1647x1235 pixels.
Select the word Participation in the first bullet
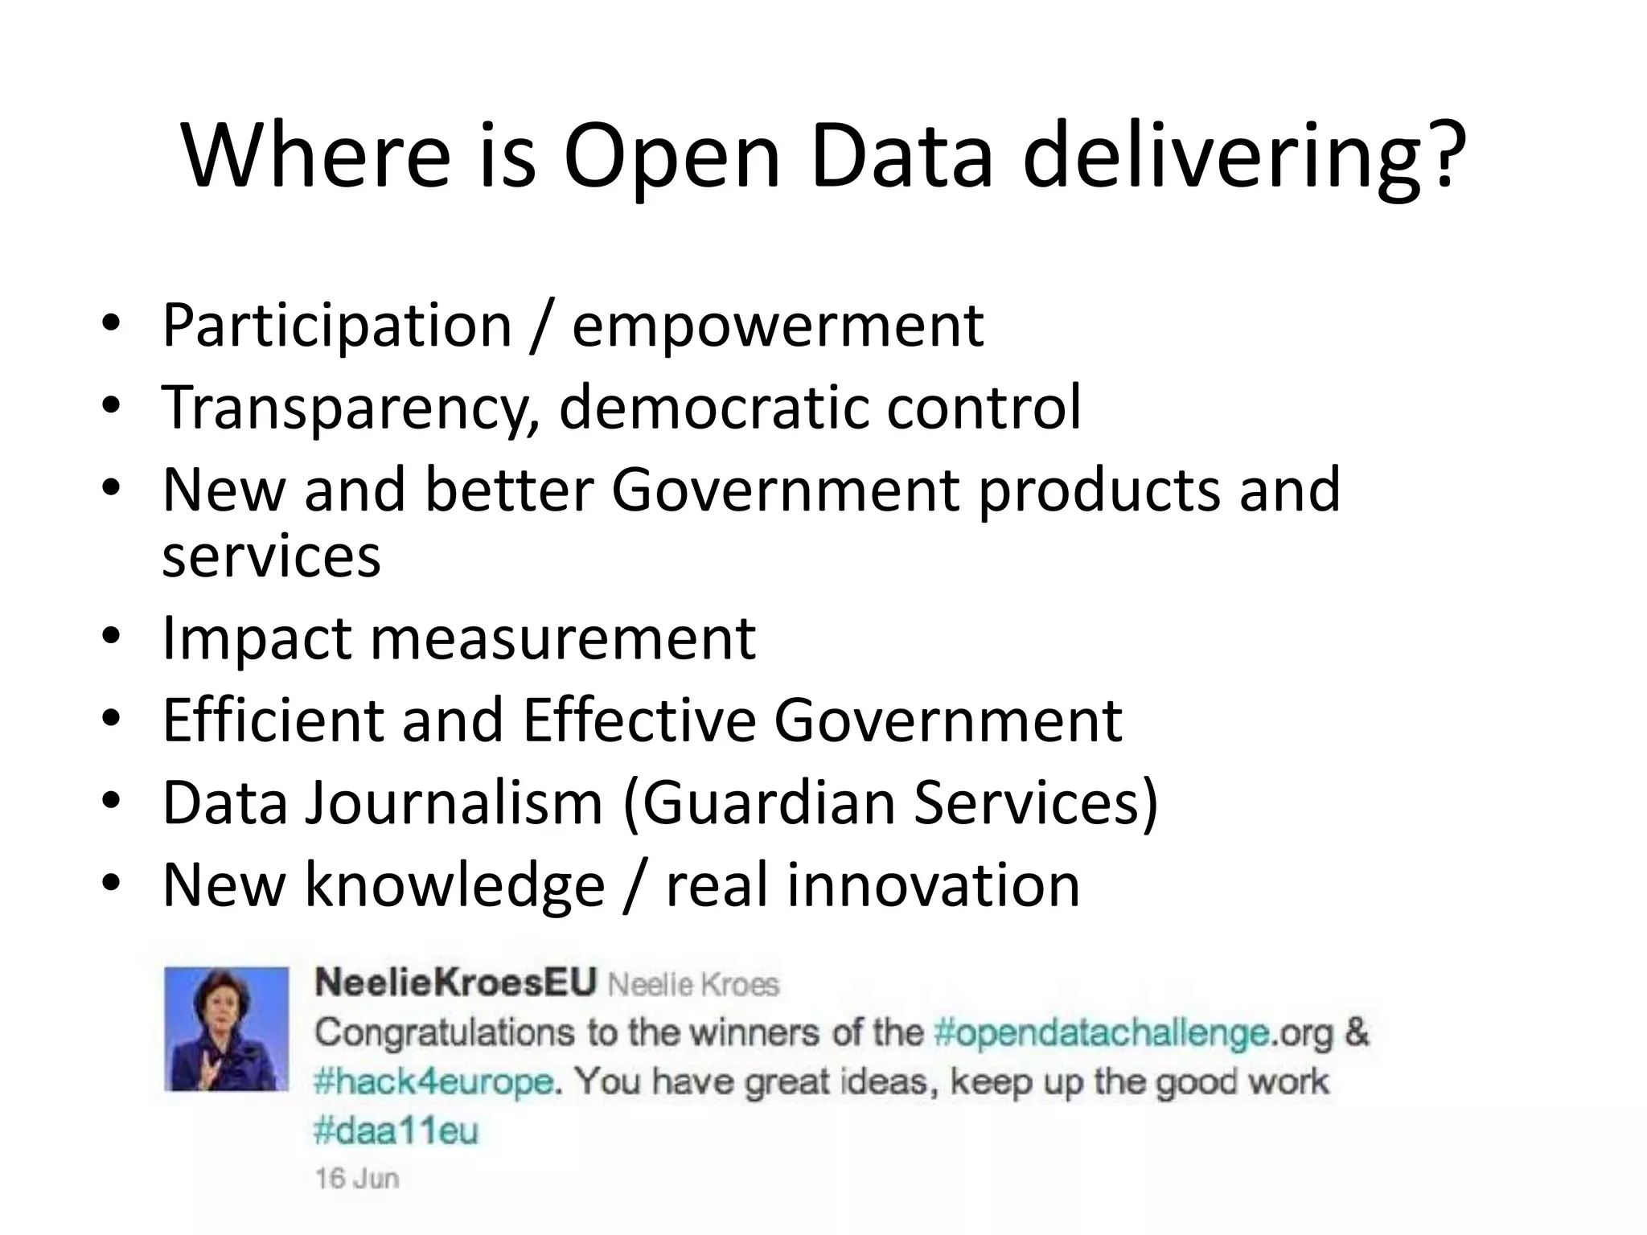337,326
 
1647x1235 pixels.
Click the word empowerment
778,326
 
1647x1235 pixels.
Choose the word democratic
713,408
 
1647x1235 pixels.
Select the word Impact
257,638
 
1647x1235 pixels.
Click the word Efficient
272,720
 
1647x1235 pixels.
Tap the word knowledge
454,885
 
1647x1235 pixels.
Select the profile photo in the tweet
226,1028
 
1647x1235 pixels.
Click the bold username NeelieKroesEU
456,983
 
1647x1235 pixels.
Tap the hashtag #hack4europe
433,1081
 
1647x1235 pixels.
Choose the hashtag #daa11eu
396,1131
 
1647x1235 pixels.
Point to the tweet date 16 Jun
357,1179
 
